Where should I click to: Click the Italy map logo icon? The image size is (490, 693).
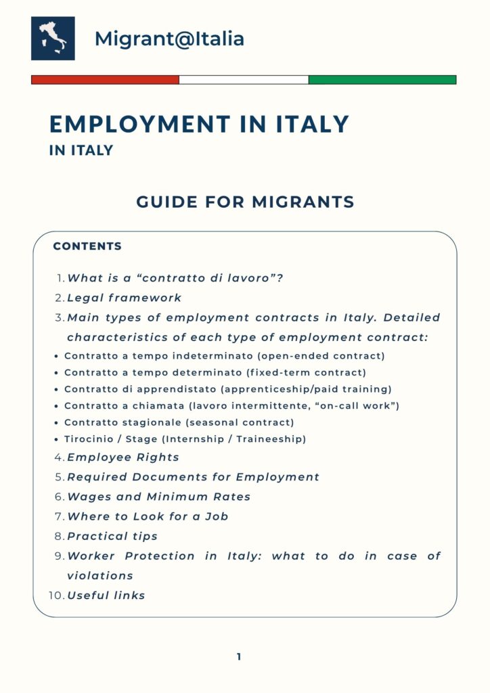click(53, 39)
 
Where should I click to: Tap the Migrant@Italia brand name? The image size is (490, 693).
click(169, 39)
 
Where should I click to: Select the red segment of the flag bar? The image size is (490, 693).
click(105, 80)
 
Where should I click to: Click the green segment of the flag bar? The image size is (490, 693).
click(382, 80)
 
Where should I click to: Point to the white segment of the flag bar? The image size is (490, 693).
click(244, 80)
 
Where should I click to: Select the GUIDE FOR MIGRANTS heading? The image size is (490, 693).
click(245, 202)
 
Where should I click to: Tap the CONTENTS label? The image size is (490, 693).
click(87, 246)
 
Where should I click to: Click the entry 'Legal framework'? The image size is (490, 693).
click(125, 298)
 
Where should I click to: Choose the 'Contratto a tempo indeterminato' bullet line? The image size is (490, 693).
click(224, 355)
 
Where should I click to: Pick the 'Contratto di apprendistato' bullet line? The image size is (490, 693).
click(228, 389)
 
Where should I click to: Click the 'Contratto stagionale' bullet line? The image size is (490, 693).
click(179, 422)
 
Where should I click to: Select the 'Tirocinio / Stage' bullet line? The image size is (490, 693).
click(185, 439)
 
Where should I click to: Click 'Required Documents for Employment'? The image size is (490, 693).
click(193, 477)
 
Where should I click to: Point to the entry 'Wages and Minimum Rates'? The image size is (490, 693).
click(158, 497)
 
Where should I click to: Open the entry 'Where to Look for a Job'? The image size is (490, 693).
click(148, 516)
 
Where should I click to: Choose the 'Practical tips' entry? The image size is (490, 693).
click(112, 536)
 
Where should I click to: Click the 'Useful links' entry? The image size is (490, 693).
click(106, 596)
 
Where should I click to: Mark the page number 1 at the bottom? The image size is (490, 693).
click(239, 656)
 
